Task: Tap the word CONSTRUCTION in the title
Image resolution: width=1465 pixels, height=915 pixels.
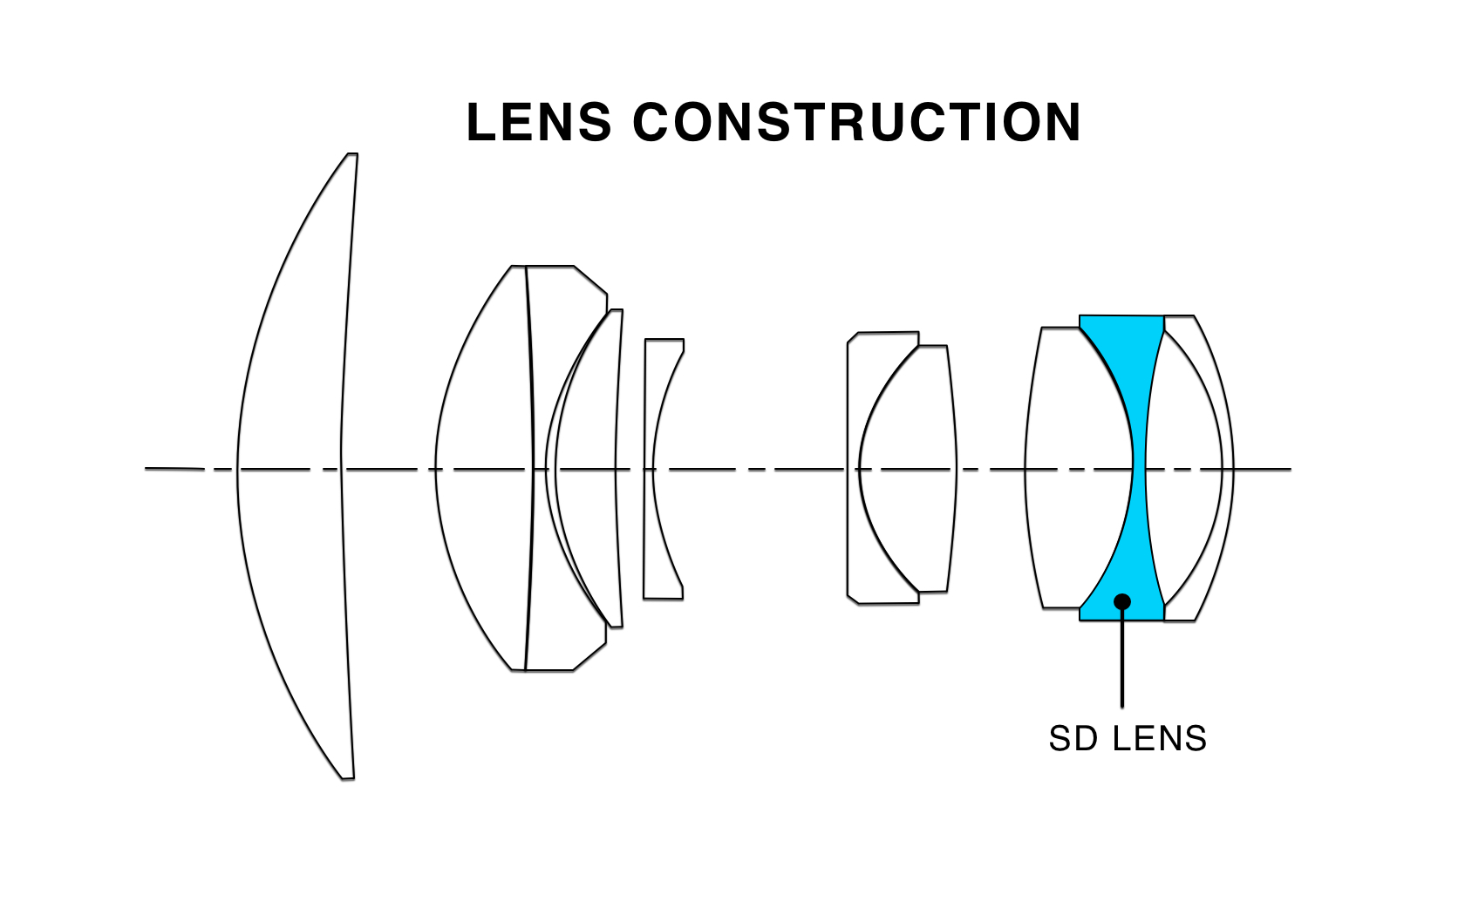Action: pyautogui.click(x=856, y=122)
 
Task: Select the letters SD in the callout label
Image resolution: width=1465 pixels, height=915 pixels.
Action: pyautogui.click(x=1073, y=739)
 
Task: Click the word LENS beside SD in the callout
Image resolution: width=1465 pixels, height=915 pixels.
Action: pyautogui.click(x=1159, y=739)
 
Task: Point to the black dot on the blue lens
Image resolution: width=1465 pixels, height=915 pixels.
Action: pyautogui.click(x=1122, y=601)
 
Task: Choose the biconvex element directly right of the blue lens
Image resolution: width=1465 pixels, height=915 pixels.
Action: pyautogui.click(x=1184, y=468)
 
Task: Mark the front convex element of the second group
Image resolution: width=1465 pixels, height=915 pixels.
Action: pyautogui.click(x=484, y=468)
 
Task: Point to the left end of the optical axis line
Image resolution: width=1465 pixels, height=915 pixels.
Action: pyautogui.click(x=146, y=468)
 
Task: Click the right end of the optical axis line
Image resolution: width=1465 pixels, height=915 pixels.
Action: pyautogui.click(x=1291, y=469)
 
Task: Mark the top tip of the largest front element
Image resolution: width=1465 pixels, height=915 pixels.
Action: pyautogui.click(x=352, y=154)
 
